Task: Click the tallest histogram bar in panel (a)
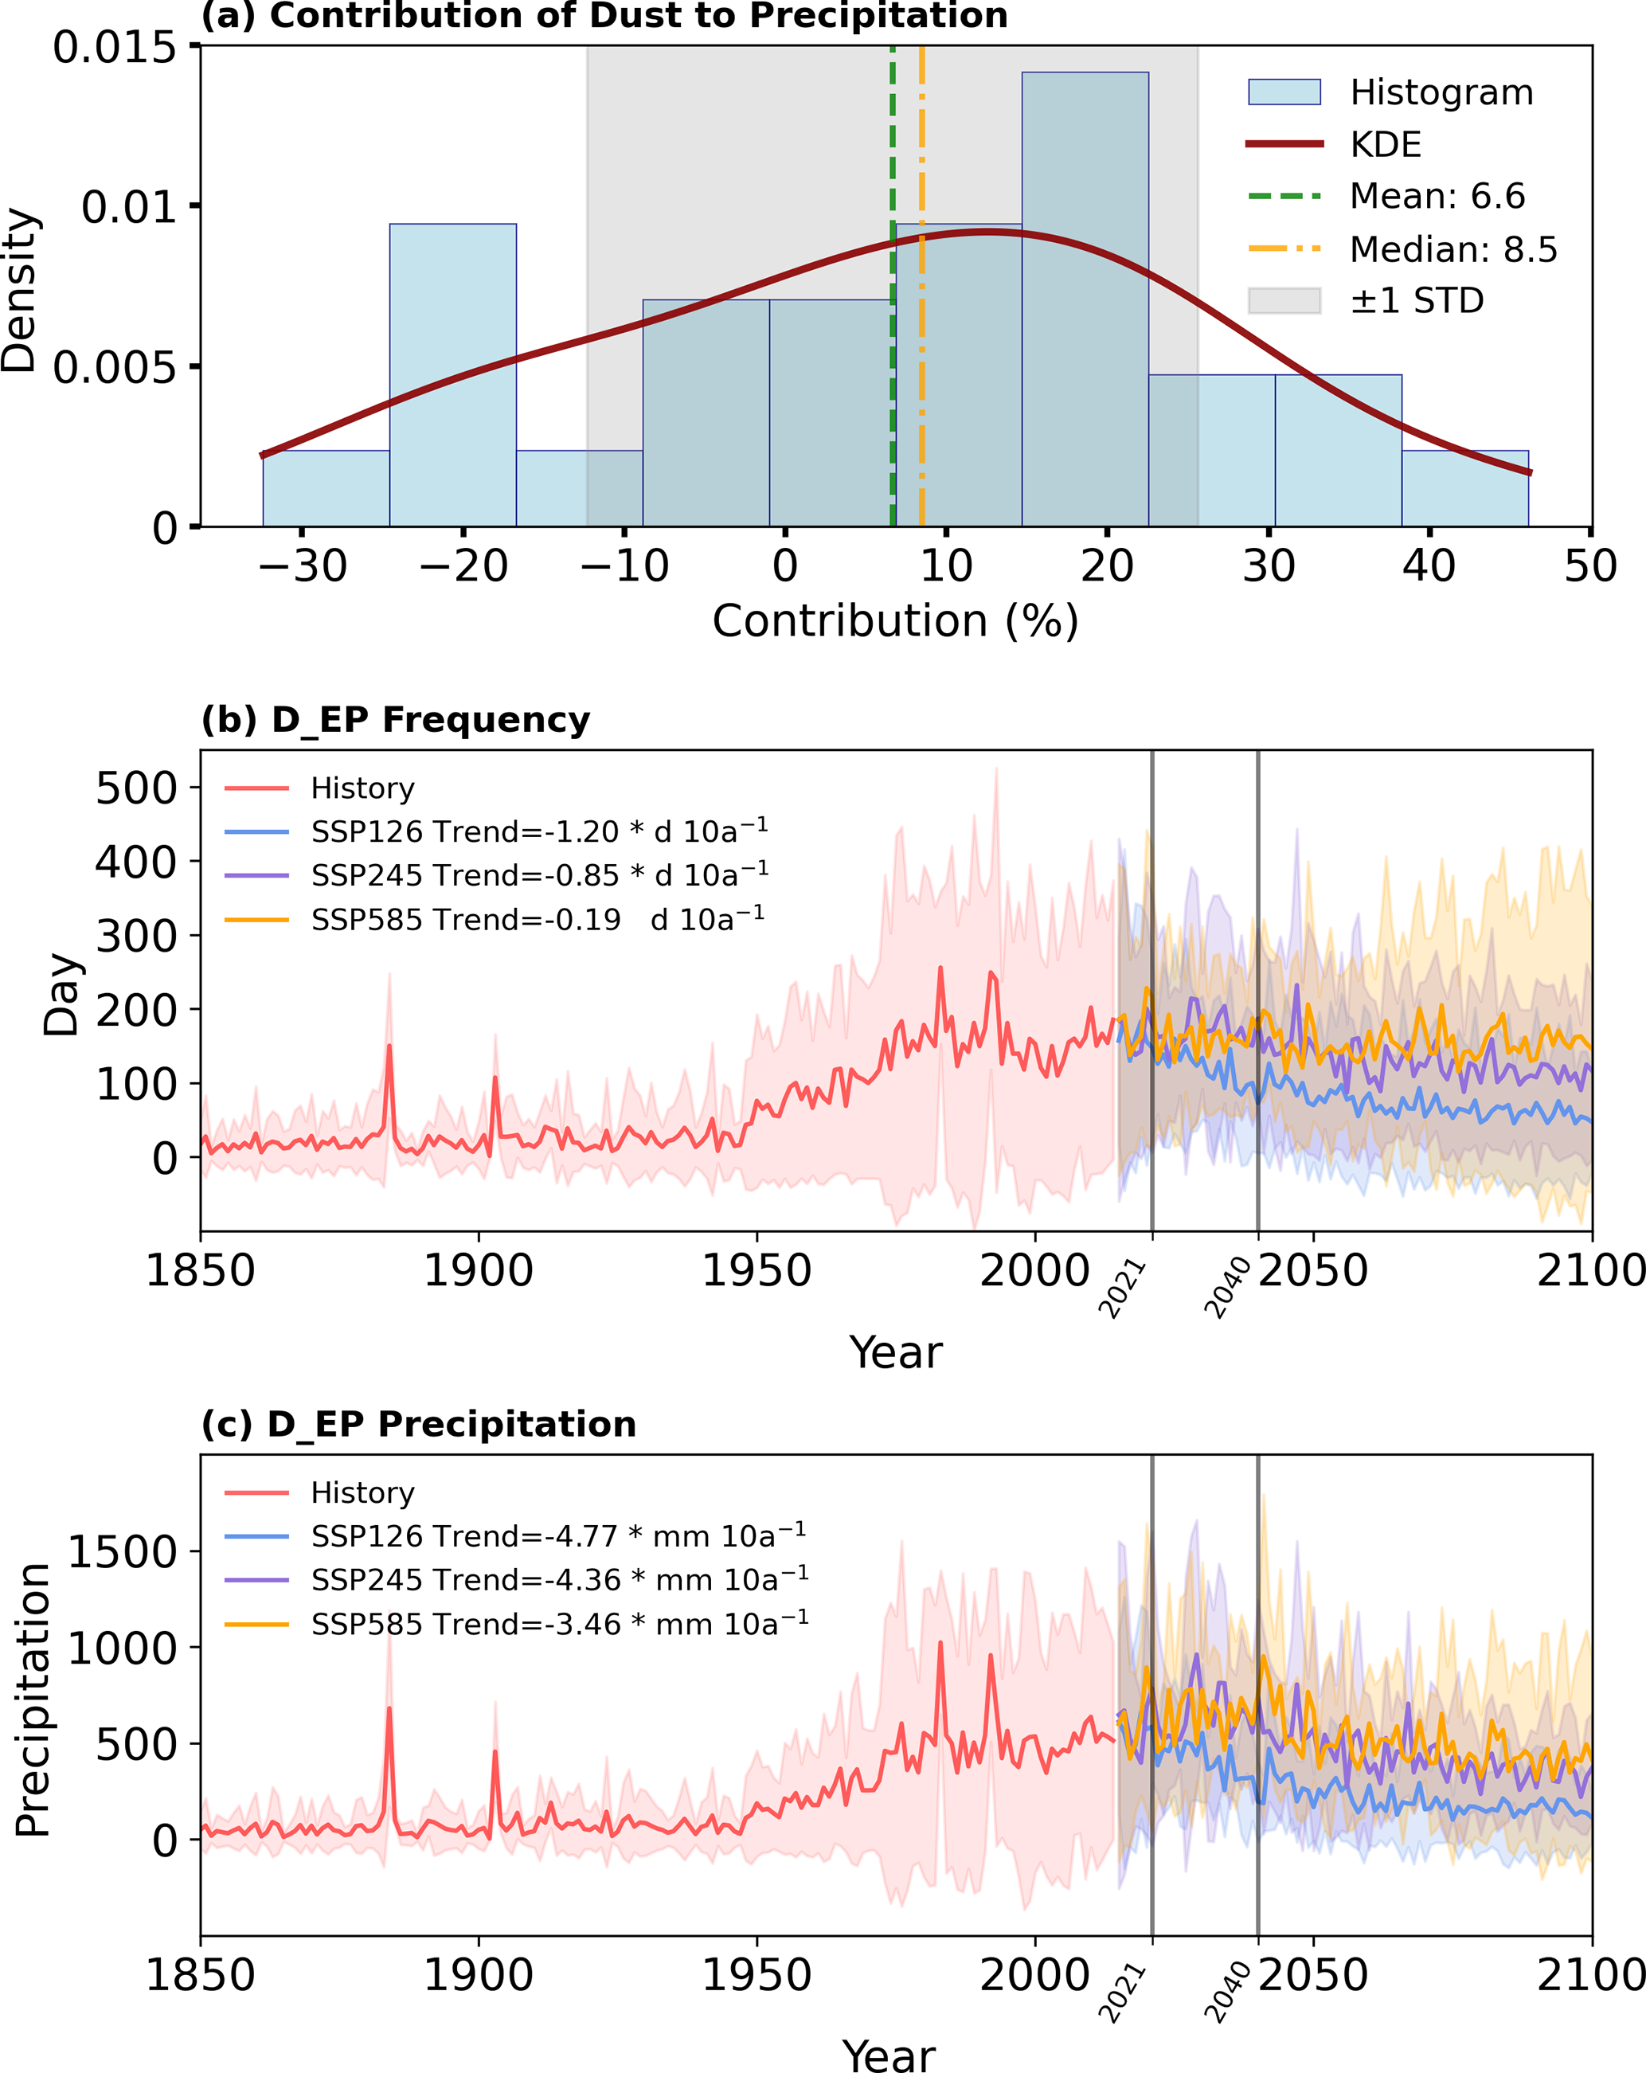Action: pos(1085,298)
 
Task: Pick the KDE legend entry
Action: pos(1385,144)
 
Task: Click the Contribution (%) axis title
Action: pos(895,621)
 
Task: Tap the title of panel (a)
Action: pos(604,15)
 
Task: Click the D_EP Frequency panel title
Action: pos(396,719)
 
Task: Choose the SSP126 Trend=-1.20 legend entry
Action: pos(538,831)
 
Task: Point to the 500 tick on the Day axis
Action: pos(136,788)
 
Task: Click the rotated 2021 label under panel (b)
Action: pos(1123,1289)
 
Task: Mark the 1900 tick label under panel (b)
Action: pos(479,1271)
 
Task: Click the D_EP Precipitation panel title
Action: pos(419,1424)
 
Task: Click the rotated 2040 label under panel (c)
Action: pos(1228,1993)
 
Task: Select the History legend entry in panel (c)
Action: pos(362,1492)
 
